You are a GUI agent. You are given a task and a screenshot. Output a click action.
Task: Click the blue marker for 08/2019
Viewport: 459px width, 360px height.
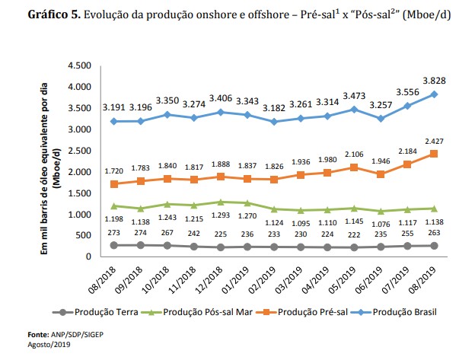(433, 94)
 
